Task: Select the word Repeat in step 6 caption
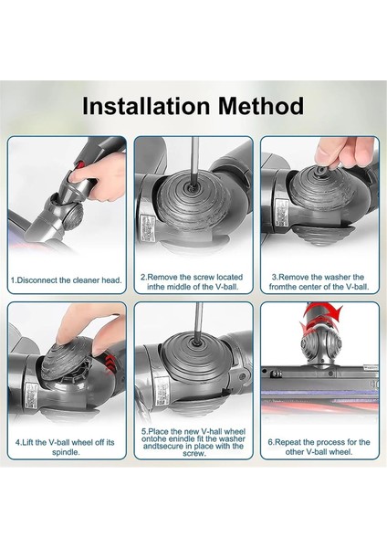tap(292, 441)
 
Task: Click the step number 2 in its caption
tap(143, 275)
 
